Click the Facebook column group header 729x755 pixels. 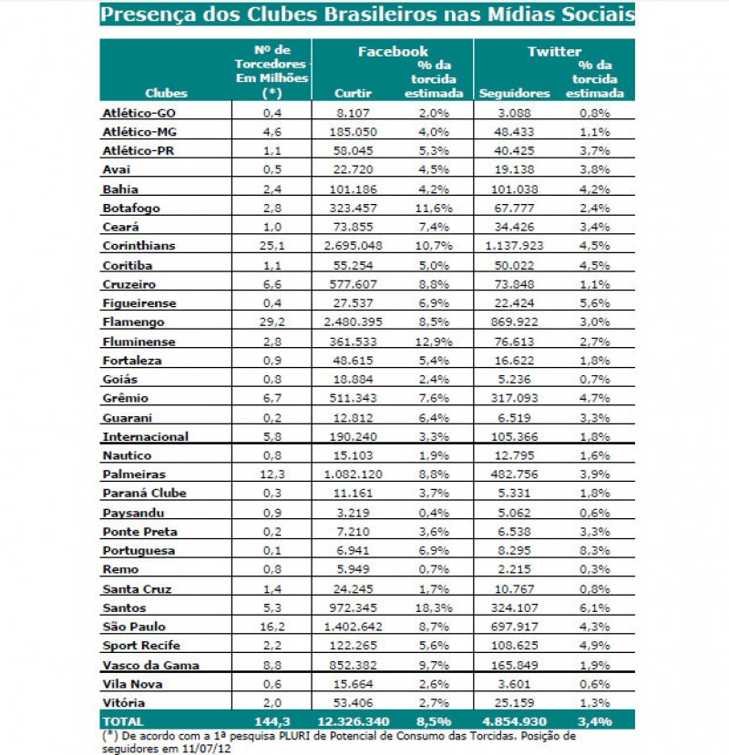(x=392, y=52)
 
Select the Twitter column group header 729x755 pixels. (x=554, y=52)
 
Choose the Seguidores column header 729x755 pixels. (x=514, y=93)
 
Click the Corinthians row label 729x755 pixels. (x=139, y=246)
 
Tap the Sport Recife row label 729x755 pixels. (x=138, y=646)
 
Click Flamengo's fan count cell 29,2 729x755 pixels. (x=273, y=321)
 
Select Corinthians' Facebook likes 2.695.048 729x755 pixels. (x=353, y=246)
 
